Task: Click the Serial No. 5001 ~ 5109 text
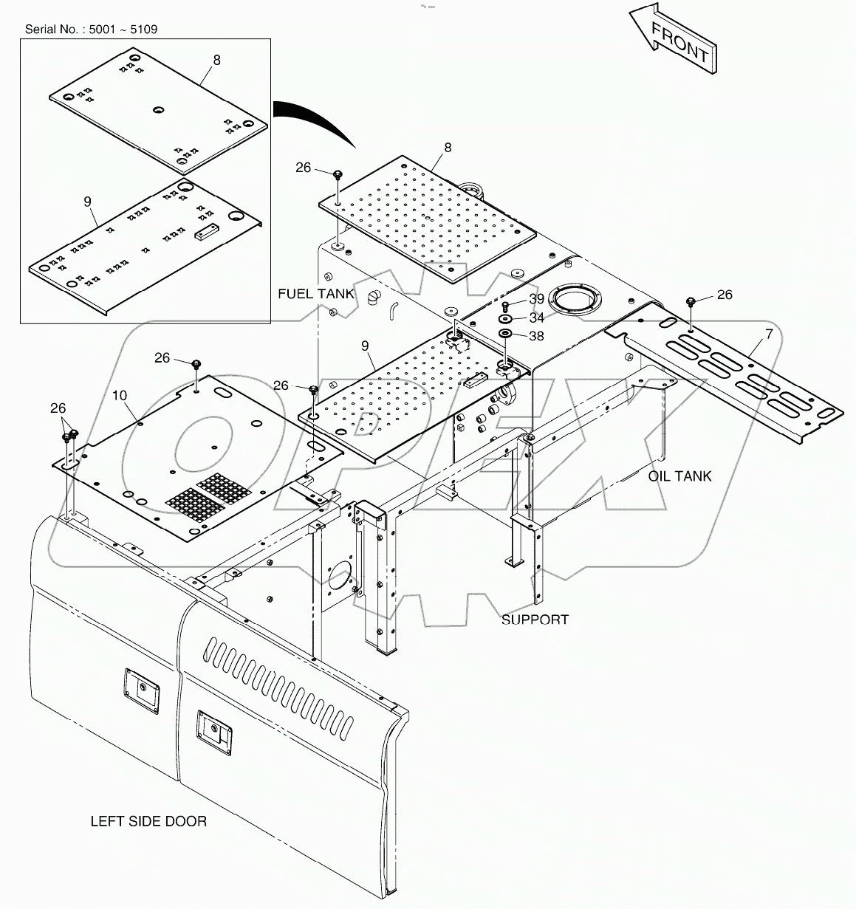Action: point(91,30)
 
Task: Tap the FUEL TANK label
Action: point(315,294)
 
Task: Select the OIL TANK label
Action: point(679,476)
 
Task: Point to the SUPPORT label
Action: point(535,620)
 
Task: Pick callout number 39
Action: point(536,298)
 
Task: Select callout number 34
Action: point(536,318)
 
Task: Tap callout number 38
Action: point(536,335)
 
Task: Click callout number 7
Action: point(769,335)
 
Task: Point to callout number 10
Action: point(120,396)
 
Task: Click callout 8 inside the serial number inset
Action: point(216,61)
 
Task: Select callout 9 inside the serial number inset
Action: point(87,200)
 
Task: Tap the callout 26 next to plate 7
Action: point(725,295)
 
